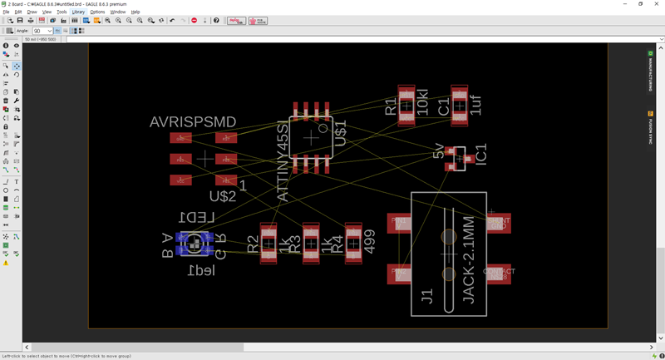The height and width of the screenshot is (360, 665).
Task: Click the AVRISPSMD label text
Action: click(193, 122)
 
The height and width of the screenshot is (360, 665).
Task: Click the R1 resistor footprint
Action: click(406, 105)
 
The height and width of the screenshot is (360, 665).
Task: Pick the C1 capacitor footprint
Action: click(459, 105)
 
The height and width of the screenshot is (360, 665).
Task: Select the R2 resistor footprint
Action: click(268, 243)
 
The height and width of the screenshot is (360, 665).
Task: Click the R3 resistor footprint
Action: click(311, 243)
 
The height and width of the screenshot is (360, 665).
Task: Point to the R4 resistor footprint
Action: click(353, 243)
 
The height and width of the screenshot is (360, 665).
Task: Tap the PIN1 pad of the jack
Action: click(401, 222)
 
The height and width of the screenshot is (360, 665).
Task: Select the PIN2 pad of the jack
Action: click(401, 273)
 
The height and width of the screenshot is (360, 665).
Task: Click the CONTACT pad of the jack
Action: click(499, 273)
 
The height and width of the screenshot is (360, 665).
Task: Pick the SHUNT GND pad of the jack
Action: click(499, 223)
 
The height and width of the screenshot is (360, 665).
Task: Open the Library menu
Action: click(78, 12)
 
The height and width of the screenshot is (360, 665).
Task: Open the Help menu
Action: click(135, 12)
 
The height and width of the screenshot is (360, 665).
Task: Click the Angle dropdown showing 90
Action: click(43, 31)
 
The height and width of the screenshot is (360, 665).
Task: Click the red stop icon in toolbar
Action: click(194, 20)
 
